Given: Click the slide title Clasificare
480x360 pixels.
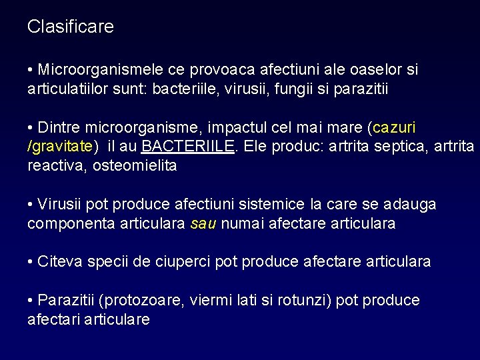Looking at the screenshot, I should (71, 27).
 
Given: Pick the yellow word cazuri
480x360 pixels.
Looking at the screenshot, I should (398, 127).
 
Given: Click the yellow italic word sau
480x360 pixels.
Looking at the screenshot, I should (203, 223).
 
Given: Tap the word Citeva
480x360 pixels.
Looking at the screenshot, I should (59, 262).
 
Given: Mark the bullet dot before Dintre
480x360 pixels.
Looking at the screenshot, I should (31, 127).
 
